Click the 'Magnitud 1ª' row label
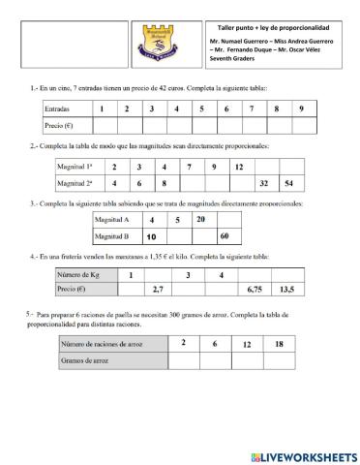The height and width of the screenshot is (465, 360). click(x=79, y=167)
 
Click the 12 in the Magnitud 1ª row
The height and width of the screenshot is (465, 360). click(x=238, y=167)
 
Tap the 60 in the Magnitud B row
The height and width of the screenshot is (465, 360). click(x=225, y=235)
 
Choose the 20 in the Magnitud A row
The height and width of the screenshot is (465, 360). click(x=200, y=220)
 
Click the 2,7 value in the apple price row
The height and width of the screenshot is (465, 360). click(x=159, y=289)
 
